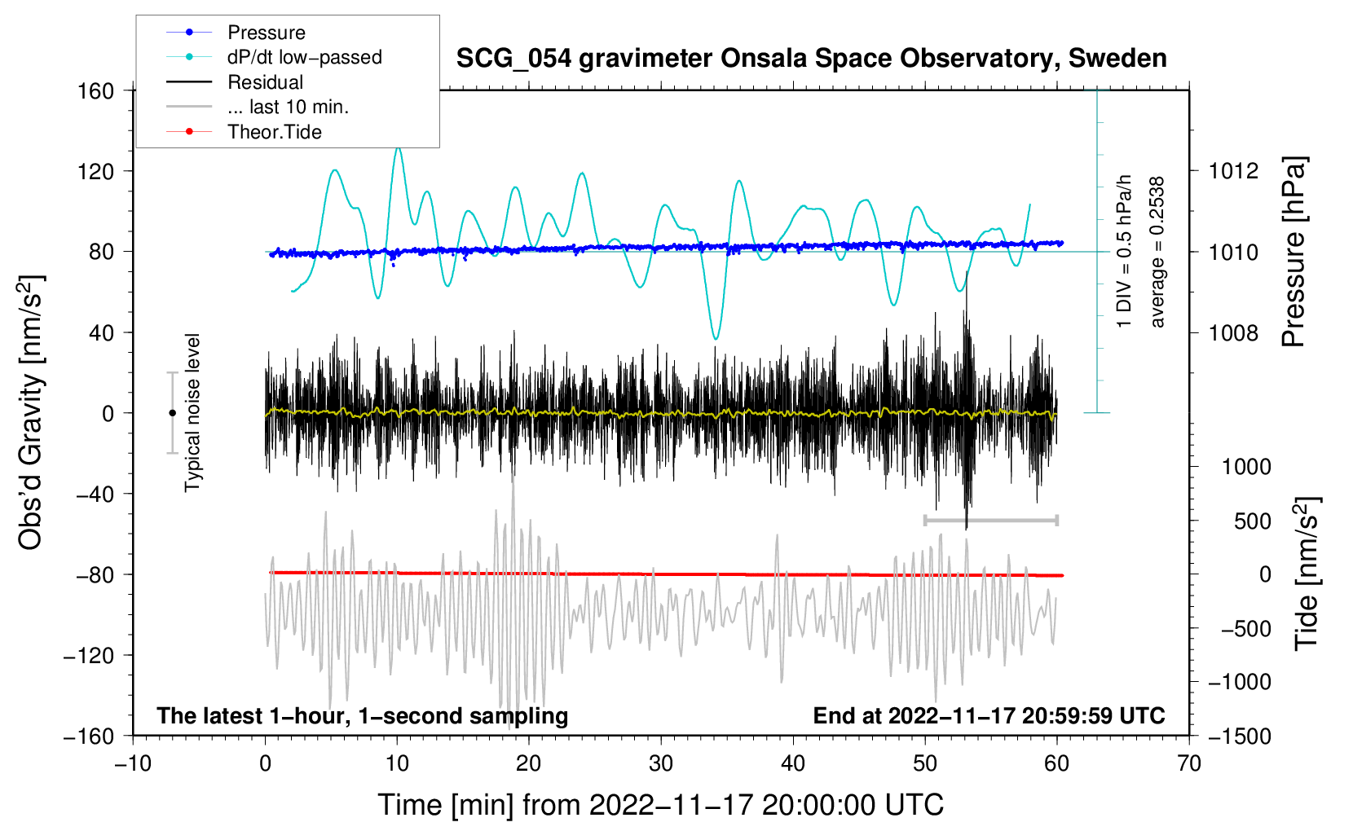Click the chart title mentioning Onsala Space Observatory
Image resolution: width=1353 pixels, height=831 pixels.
(811, 59)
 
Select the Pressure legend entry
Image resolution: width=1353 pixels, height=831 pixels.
(266, 33)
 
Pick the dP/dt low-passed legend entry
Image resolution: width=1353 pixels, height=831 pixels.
(304, 57)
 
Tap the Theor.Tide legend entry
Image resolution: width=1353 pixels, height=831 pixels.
(274, 132)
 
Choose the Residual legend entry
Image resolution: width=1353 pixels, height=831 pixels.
(265, 82)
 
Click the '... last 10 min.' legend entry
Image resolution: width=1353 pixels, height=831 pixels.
(288, 107)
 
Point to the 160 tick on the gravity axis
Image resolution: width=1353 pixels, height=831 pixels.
(95, 90)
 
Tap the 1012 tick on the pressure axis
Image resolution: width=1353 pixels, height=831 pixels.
(1233, 171)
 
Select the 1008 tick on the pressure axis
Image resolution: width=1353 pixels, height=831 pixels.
(1233, 332)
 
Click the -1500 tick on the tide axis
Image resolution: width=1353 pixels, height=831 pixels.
(1239, 736)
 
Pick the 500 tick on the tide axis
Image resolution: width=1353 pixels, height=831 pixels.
(1252, 521)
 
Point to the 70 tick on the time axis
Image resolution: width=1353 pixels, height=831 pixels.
(1189, 763)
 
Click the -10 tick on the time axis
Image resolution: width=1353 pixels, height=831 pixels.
(133, 763)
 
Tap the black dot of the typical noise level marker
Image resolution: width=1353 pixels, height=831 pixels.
(172, 413)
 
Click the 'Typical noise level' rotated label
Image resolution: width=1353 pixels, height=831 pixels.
(192, 412)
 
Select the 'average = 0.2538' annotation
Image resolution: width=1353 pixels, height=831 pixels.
(1157, 253)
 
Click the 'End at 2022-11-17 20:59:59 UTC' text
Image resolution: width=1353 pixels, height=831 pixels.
(989, 715)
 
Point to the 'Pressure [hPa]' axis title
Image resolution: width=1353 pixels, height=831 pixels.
(1294, 253)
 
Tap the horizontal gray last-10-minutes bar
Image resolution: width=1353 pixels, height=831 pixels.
(990, 520)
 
